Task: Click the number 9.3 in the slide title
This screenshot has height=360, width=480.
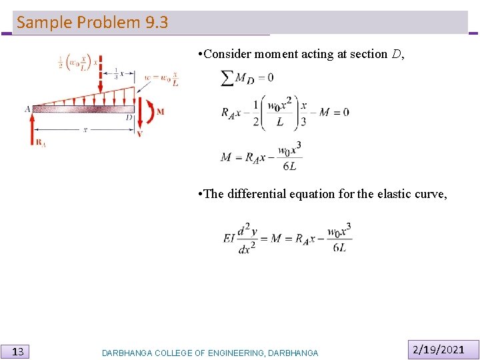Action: coord(156,23)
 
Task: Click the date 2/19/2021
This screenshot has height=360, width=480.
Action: coord(439,349)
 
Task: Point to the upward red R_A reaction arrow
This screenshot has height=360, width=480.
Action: coord(31,129)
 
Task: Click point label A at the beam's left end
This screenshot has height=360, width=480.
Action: coord(27,109)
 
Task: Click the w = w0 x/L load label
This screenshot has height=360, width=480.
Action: coord(161,77)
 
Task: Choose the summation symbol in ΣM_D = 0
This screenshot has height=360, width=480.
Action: coord(227,78)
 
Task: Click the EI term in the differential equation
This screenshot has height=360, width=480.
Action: coord(229,237)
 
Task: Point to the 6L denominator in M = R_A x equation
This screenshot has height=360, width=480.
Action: coord(289,167)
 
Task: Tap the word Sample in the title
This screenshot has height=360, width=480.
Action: coord(45,23)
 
